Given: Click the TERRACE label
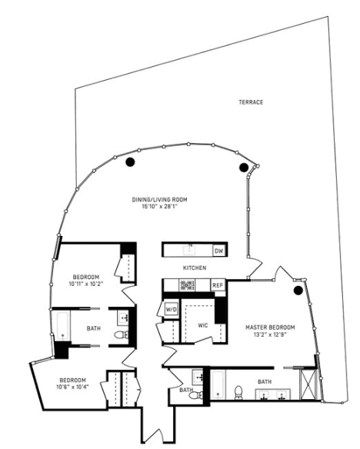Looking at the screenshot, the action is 251,102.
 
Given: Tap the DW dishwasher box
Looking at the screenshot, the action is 219,251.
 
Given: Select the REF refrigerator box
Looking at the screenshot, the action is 218,285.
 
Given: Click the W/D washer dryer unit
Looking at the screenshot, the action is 172,310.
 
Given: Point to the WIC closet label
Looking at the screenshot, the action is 203,325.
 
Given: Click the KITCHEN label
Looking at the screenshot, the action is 195,268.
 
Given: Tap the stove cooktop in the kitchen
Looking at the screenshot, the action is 187,285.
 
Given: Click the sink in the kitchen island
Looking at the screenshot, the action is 189,250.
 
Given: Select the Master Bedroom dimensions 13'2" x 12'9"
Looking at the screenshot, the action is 270,334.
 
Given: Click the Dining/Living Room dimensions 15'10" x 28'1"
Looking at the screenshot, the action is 159,206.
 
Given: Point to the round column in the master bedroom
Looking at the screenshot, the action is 298,291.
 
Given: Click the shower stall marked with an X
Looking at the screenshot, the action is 308,384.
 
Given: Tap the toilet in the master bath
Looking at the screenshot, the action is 238,392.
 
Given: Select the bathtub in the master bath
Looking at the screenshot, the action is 218,384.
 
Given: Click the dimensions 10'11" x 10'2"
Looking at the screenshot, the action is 86,284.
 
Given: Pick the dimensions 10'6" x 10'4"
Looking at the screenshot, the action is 72,387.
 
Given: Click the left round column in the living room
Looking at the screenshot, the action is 130,162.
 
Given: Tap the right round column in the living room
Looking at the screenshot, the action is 243,168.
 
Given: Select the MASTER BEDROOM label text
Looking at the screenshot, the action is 270,328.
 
